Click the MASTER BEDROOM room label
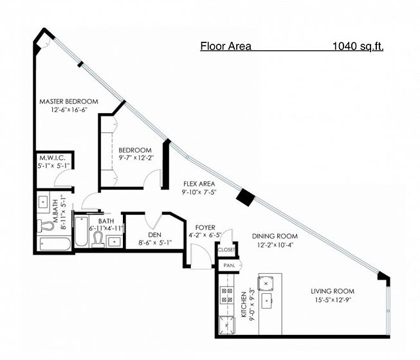[x=69, y=102]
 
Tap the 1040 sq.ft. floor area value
[x=358, y=46]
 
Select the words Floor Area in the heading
[x=226, y=46]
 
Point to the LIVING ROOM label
[x=333, y=291]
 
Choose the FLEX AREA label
[x=199, y=184]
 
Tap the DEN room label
[x=155, y=235]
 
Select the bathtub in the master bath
[x=55, y=244]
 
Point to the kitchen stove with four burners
[x=227, y=295]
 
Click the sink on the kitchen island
[x=267, y=301]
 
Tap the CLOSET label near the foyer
[x=226, y=250]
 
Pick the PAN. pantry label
[x=229, y=265]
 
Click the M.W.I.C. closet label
[x=52, y=157]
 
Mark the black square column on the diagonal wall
[x=245, y=197]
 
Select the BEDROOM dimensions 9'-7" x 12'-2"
[x=136, y=157]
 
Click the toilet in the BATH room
[x=98, y=239]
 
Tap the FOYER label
[x=205, y=228]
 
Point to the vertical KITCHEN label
[x=244, y=304]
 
